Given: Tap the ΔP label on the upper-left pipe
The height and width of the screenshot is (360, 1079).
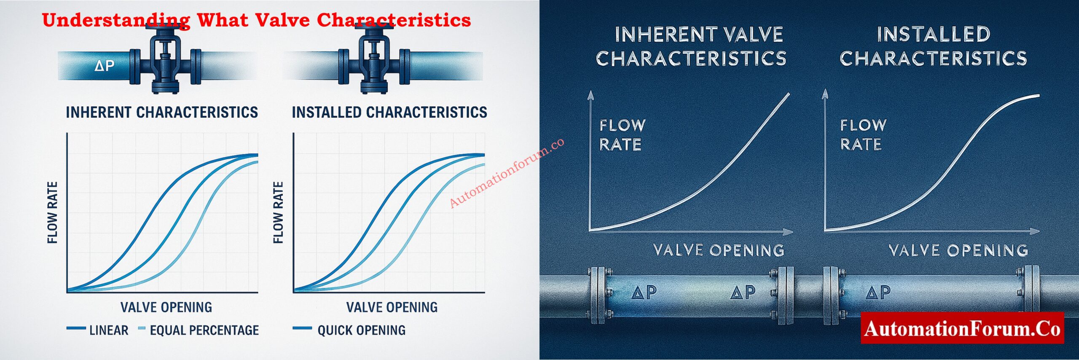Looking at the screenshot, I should click(105, 66).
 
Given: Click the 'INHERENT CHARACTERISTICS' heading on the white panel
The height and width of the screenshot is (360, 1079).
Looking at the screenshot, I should click(162, 113).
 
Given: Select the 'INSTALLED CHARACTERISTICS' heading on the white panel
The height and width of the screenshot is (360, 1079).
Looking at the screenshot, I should click(389, 113).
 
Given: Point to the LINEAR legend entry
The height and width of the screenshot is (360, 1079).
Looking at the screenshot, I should click(108, 330).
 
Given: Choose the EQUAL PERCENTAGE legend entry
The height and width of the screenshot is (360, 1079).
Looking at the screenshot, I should click(204, 330).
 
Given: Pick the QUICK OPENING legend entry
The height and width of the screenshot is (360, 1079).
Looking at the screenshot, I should click(361, 330).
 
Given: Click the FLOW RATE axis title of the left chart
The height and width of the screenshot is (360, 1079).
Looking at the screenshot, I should click(52, 212).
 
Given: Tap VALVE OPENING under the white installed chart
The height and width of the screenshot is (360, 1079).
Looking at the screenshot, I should click(392, 307).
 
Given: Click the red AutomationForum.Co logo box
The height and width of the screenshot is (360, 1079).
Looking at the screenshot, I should click(962, 328).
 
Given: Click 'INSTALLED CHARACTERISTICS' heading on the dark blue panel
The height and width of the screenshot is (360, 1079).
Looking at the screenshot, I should click(933, 46).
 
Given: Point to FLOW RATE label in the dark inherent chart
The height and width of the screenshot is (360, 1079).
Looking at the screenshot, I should click(622, 135).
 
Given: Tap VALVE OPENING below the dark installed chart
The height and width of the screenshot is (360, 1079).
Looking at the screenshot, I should click(958, 250).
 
